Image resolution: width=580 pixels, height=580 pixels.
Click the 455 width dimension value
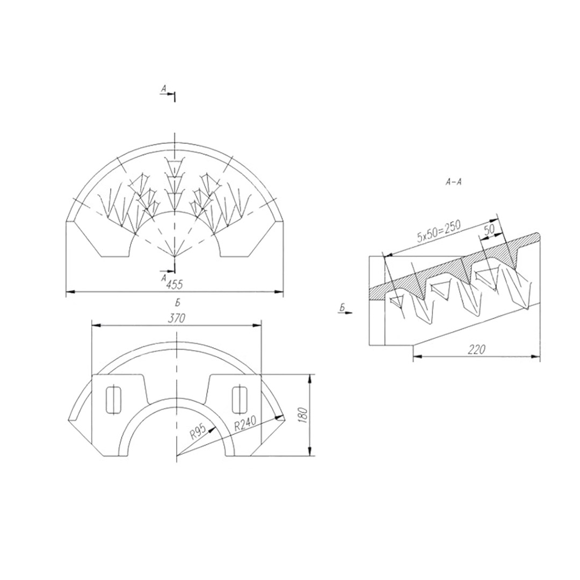click(x=175, y=285)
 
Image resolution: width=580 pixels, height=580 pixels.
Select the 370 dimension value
click(x=176, y=318)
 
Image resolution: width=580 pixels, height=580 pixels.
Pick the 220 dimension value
click(x=476, y=349)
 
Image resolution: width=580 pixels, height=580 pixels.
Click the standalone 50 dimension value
click(x=489, y=229)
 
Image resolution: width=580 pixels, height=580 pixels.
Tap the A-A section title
click(x=454, y=182)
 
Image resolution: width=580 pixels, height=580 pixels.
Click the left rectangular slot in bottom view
click(x=113, y=400)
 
